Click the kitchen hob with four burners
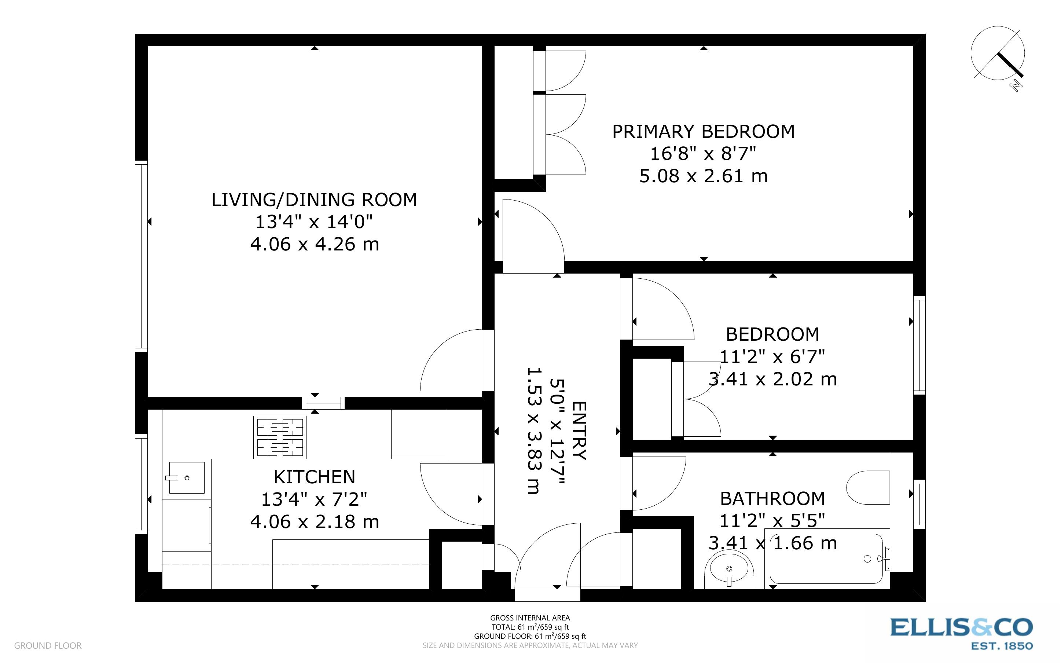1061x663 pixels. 280,437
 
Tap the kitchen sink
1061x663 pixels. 187,477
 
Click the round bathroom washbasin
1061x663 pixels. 729,569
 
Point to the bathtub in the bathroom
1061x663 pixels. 826,559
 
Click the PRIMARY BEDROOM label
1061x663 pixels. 703,132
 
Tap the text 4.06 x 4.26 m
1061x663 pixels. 314,244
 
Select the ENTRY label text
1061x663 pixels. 579,431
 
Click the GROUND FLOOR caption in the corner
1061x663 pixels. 48,645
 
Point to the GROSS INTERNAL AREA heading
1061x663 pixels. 530,618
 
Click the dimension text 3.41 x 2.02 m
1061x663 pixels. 772,379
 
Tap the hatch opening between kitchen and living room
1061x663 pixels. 323,403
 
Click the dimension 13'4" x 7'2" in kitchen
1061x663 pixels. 314,499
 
